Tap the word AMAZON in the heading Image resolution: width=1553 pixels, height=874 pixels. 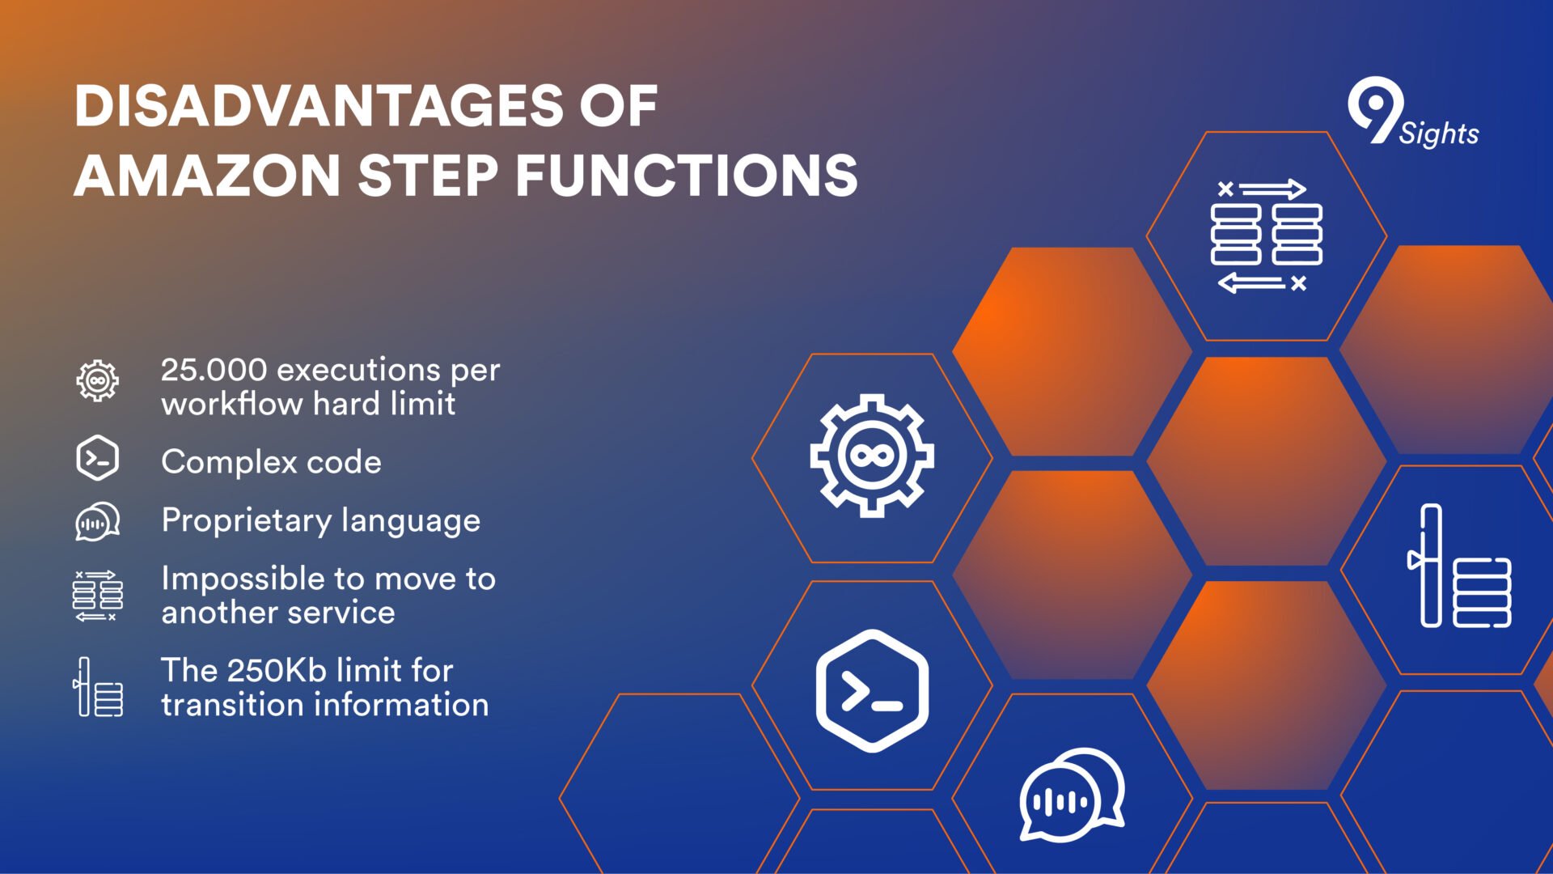(207, 176)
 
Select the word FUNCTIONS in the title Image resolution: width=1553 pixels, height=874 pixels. (687, 176)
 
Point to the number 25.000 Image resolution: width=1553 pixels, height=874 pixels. (214, 370)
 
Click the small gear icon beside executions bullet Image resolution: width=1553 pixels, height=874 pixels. (98, 380)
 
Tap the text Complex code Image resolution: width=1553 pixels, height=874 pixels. (271, 462)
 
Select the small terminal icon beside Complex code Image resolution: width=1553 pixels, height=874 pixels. (98, 458)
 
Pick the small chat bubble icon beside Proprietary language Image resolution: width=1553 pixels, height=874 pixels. (98, 520)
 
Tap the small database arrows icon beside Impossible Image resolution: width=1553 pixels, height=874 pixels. (98, 596)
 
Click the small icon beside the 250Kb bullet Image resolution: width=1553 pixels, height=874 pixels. (98, 686)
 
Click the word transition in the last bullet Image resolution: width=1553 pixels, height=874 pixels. (227, 705)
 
